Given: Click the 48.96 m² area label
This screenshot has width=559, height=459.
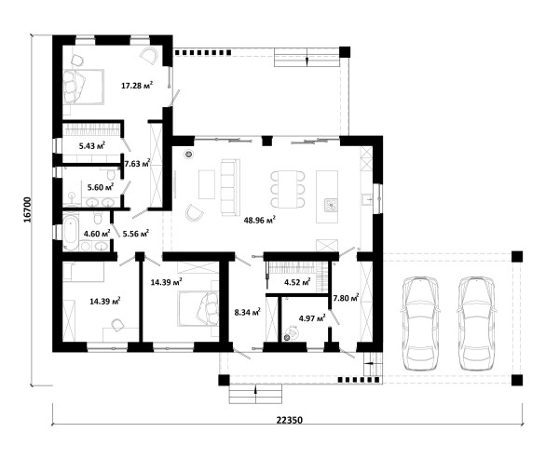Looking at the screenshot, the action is pos(260,220).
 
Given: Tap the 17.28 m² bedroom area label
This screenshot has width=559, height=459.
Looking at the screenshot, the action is pos(137,85).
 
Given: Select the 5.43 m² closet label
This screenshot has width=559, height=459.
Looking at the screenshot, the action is pos(92,145).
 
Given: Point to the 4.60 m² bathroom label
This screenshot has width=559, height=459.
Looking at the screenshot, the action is pos(97,234).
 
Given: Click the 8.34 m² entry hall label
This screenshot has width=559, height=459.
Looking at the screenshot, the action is pos(247,313).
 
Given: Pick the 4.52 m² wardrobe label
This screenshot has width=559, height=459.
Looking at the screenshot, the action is pos(297,283).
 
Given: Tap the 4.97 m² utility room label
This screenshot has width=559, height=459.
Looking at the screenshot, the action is pos(312,317).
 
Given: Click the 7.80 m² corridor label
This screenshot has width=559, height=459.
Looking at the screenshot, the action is pos(346,297).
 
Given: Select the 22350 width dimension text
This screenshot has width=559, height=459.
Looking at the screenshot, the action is pos(290,420).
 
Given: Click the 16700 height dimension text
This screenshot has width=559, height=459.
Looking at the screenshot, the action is pos(27,209).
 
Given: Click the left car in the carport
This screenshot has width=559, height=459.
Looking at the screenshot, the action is pos(420,324).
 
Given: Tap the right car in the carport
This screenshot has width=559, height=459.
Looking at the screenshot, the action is pos(477,324).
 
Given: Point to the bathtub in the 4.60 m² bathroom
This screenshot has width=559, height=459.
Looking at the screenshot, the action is pos(71,231).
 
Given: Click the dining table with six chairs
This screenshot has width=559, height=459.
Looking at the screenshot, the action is pos(288,189).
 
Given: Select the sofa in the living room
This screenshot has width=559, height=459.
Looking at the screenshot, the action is pos(230,187).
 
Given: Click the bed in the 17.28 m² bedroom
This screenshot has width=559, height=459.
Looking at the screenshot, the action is pos(84,87).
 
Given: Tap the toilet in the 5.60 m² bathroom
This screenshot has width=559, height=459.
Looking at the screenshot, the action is pos(111,174).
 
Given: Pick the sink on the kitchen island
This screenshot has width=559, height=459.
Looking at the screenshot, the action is pos(331,205).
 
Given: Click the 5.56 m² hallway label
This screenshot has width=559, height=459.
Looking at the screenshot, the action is pos(135,234).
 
